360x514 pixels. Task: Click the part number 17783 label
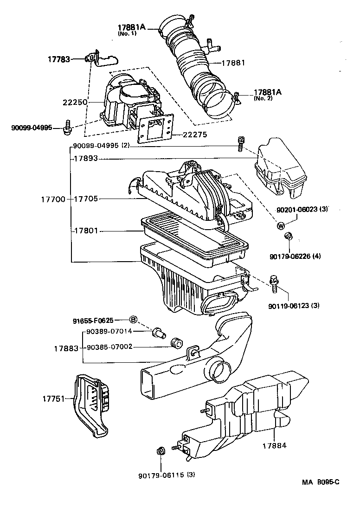point(59,59)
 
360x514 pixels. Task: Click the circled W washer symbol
point(281,226)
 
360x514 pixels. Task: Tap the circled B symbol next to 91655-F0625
point(133,320)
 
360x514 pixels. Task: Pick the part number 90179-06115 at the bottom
point(159,475)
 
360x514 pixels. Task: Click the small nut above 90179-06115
point(160,450)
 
